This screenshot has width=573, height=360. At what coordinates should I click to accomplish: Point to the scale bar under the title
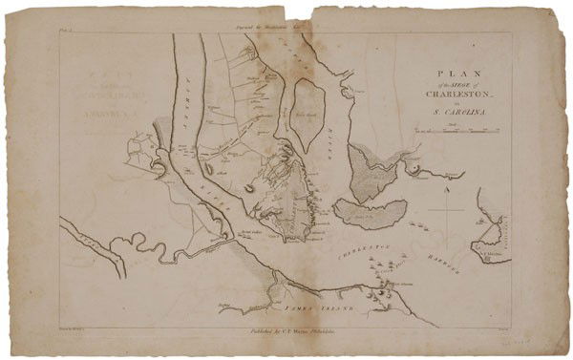(456, 129)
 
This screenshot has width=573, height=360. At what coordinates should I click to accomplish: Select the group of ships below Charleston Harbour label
(387, 291)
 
